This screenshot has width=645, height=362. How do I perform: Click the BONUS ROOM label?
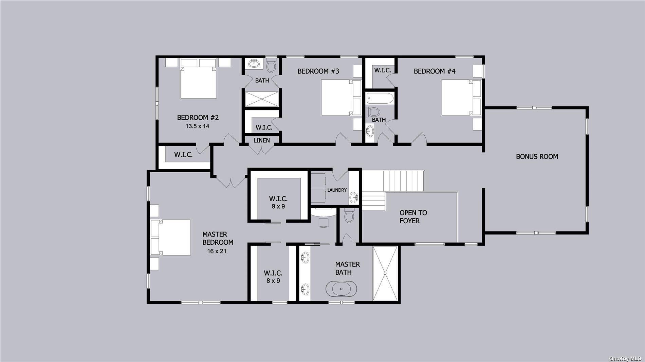pyautogui.click(x=537, y=157)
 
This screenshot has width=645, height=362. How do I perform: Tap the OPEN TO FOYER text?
pyautogui.click(x=413, y=217)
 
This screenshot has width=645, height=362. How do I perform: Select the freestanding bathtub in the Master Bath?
pyautogui.click(x=341, y=289)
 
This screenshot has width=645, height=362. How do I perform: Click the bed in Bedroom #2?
pyautogui.click(x=198, y=82)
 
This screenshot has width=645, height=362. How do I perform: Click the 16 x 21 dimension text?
pyautogui.click(x=217, y=252)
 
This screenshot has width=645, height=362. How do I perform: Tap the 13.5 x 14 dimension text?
pyautogui.click(x=197, y=126)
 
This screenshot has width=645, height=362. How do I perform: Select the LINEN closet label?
pyautogui.click(x=262, y=140)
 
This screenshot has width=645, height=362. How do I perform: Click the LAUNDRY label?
pyautogui.click(x=337, y=190)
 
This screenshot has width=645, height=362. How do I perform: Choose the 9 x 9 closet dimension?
pyautogui.click(x=278, y=206)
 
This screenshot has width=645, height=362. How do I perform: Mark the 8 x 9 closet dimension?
pyautogui.click(x=273, y=281)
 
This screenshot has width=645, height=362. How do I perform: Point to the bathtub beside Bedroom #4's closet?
pyautogui.click(x=380, y=99)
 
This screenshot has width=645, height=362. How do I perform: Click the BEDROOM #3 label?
pyautogui.click(x=318, y=71)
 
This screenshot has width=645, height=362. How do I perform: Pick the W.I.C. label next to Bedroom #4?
pyautogui.click(x=383, y=70)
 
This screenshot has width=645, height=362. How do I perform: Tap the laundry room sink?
pyautogui.click(x=354, y=196)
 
